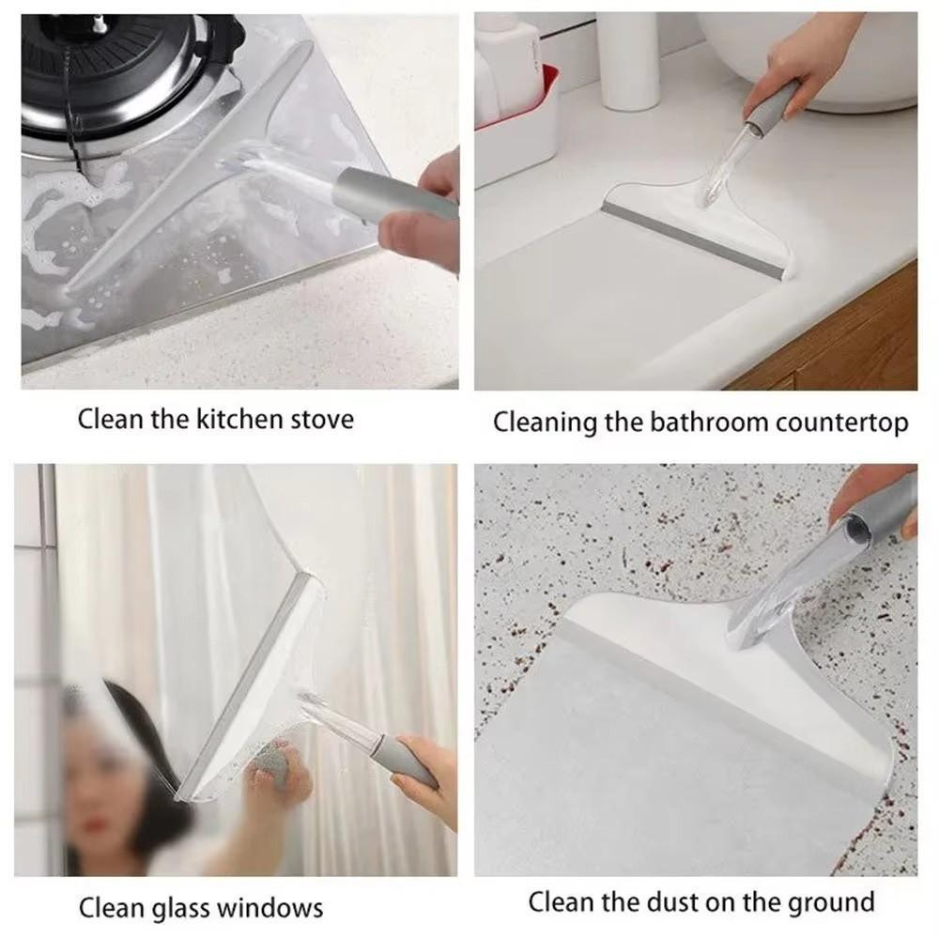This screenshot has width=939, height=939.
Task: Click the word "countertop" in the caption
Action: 841,423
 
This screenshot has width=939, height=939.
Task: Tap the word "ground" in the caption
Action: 826,903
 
